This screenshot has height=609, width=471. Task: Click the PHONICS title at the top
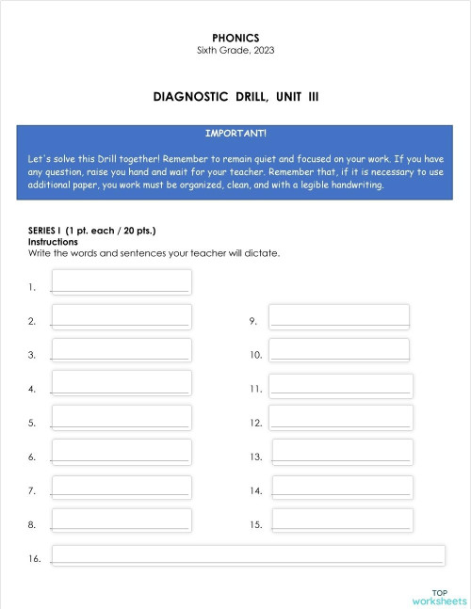coord(235,38)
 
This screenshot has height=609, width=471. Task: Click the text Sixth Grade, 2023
coord(235,50)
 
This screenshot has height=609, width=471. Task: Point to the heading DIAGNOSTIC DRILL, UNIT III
coord(235,96)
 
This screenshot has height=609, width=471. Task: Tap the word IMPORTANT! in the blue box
coord(235,133)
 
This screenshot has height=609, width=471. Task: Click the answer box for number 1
coord(121,281)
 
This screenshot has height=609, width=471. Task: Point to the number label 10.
coord(255,356)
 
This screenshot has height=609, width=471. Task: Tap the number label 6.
coord(32,457)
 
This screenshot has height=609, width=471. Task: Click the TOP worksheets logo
coord(439,597)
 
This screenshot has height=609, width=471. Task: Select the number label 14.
coord(255,491)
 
